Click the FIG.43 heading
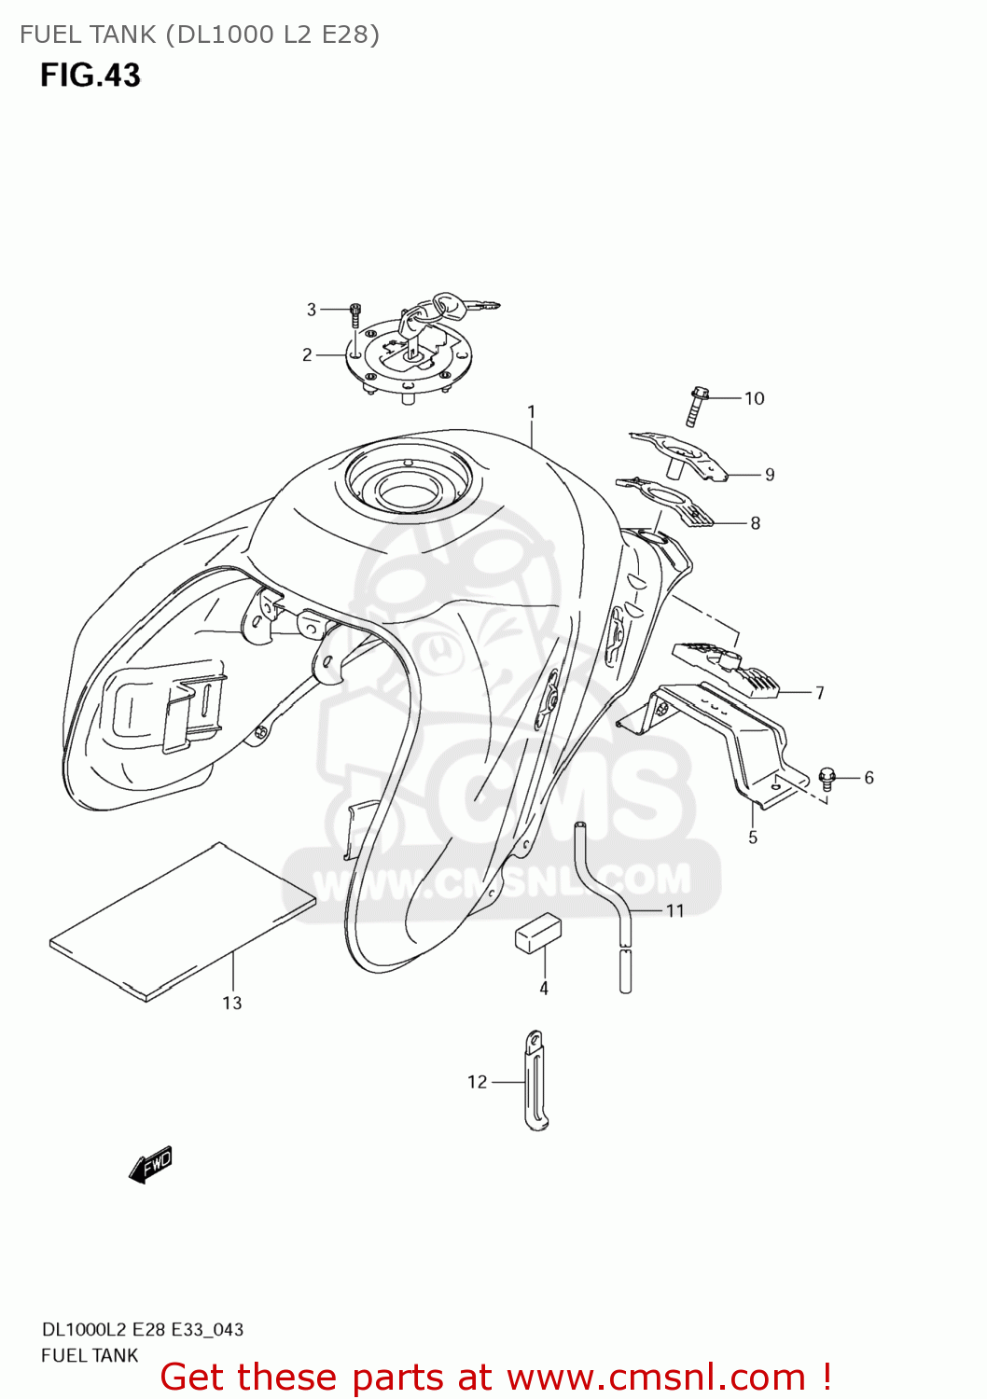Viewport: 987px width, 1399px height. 90,76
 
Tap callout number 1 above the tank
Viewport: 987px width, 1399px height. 531,411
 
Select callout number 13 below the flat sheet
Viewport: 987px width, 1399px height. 231,1003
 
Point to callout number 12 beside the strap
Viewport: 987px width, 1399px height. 477,1082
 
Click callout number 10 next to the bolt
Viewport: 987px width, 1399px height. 754,398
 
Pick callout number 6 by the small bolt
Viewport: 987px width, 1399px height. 869,778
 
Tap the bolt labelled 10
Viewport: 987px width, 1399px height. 696,406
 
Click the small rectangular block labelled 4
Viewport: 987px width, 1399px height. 538,934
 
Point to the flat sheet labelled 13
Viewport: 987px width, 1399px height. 183,919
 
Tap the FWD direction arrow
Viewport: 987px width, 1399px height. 150,1165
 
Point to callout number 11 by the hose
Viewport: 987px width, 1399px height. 674,910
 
